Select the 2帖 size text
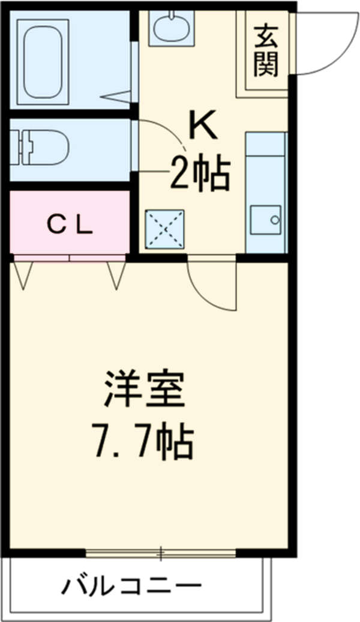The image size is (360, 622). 200,172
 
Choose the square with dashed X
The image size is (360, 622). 166,229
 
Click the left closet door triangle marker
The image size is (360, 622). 23,276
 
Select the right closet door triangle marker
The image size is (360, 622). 116,276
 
